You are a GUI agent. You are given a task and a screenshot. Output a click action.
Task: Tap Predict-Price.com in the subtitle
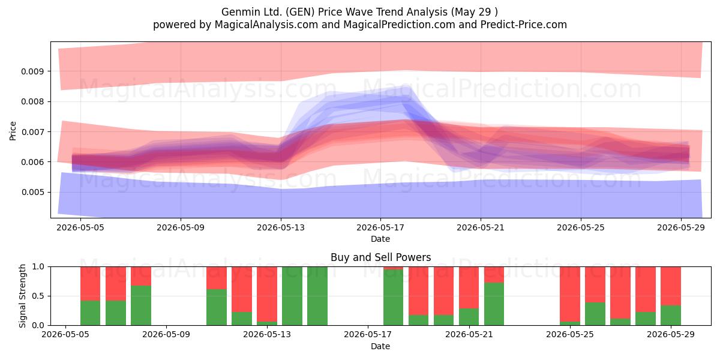[524, 25]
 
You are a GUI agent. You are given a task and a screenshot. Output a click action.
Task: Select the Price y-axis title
[13, 131]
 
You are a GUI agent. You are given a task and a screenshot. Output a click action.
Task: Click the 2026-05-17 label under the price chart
[380, 227]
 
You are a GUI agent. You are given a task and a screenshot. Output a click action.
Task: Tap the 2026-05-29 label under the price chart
[681, 227]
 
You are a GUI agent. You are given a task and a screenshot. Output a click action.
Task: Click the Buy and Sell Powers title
[380, 257]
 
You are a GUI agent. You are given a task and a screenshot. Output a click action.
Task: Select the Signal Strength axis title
[22, 296]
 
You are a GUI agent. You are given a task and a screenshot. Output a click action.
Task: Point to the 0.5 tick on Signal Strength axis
[38, 296]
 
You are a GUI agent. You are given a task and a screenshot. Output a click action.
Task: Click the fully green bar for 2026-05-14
[292, 296]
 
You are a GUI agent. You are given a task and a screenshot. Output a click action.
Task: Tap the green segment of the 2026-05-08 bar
[141, 305]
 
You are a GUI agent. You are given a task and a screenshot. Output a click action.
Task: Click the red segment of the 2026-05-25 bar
[570, 294]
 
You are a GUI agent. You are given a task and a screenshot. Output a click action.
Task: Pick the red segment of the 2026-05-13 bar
[267, 294]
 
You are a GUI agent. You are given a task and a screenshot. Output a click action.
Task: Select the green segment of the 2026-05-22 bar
[494, 304]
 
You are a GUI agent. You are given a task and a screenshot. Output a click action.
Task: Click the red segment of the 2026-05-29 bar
[671, 286]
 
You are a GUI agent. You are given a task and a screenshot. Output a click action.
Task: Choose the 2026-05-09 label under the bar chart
[166, 335]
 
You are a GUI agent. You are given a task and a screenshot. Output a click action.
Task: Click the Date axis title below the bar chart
[380, 346]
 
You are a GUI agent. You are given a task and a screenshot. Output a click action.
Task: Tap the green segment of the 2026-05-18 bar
[393, 298]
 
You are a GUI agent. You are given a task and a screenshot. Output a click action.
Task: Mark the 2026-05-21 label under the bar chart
[469, 335]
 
